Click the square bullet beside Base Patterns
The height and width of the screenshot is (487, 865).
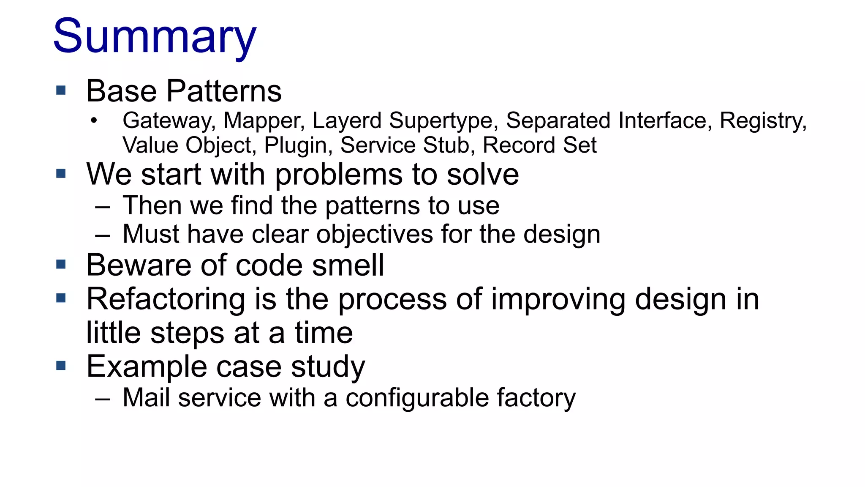coord(61,90)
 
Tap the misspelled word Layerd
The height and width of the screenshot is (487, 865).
coord(347,121)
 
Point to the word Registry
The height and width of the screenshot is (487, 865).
coord(763,121)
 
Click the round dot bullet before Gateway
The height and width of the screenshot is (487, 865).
coord(94,121)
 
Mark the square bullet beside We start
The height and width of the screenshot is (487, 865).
coord(61,173)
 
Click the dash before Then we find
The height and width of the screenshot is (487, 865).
coord(103,207)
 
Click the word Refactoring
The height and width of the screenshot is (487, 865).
coord(166,299)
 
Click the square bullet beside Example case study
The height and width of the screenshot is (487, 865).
coord(61,366)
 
